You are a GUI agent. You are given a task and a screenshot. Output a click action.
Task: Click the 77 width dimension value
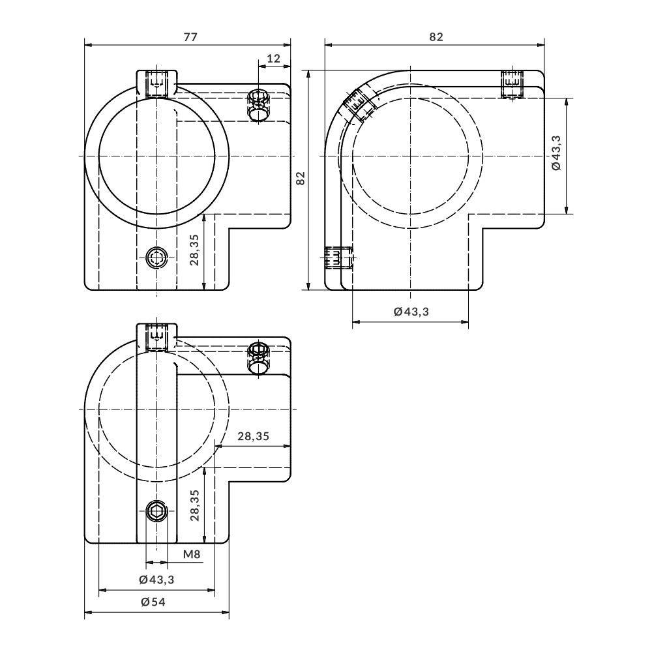click(190, 37)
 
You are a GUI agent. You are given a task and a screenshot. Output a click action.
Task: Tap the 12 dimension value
click(274, 59)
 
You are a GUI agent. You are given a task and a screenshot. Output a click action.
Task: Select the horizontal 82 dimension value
click(436, 37)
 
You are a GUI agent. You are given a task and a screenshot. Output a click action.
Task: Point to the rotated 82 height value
click(301, 179)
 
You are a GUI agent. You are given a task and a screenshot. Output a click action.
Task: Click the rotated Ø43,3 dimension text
click(556, 155)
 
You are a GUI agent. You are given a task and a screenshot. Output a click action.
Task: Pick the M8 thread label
click(191, 555)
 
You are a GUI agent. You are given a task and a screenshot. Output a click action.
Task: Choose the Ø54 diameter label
click(153, 602)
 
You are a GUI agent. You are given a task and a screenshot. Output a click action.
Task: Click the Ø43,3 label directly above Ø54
click(156, 580)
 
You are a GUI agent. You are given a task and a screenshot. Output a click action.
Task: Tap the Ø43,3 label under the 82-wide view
click(411, 312)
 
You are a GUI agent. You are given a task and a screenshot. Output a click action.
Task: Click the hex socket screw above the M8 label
click(156, 511)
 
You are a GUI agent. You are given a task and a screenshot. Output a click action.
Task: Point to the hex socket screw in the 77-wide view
click(156, 258)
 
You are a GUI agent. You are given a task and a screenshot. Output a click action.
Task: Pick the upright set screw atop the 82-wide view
click(512, 83)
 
